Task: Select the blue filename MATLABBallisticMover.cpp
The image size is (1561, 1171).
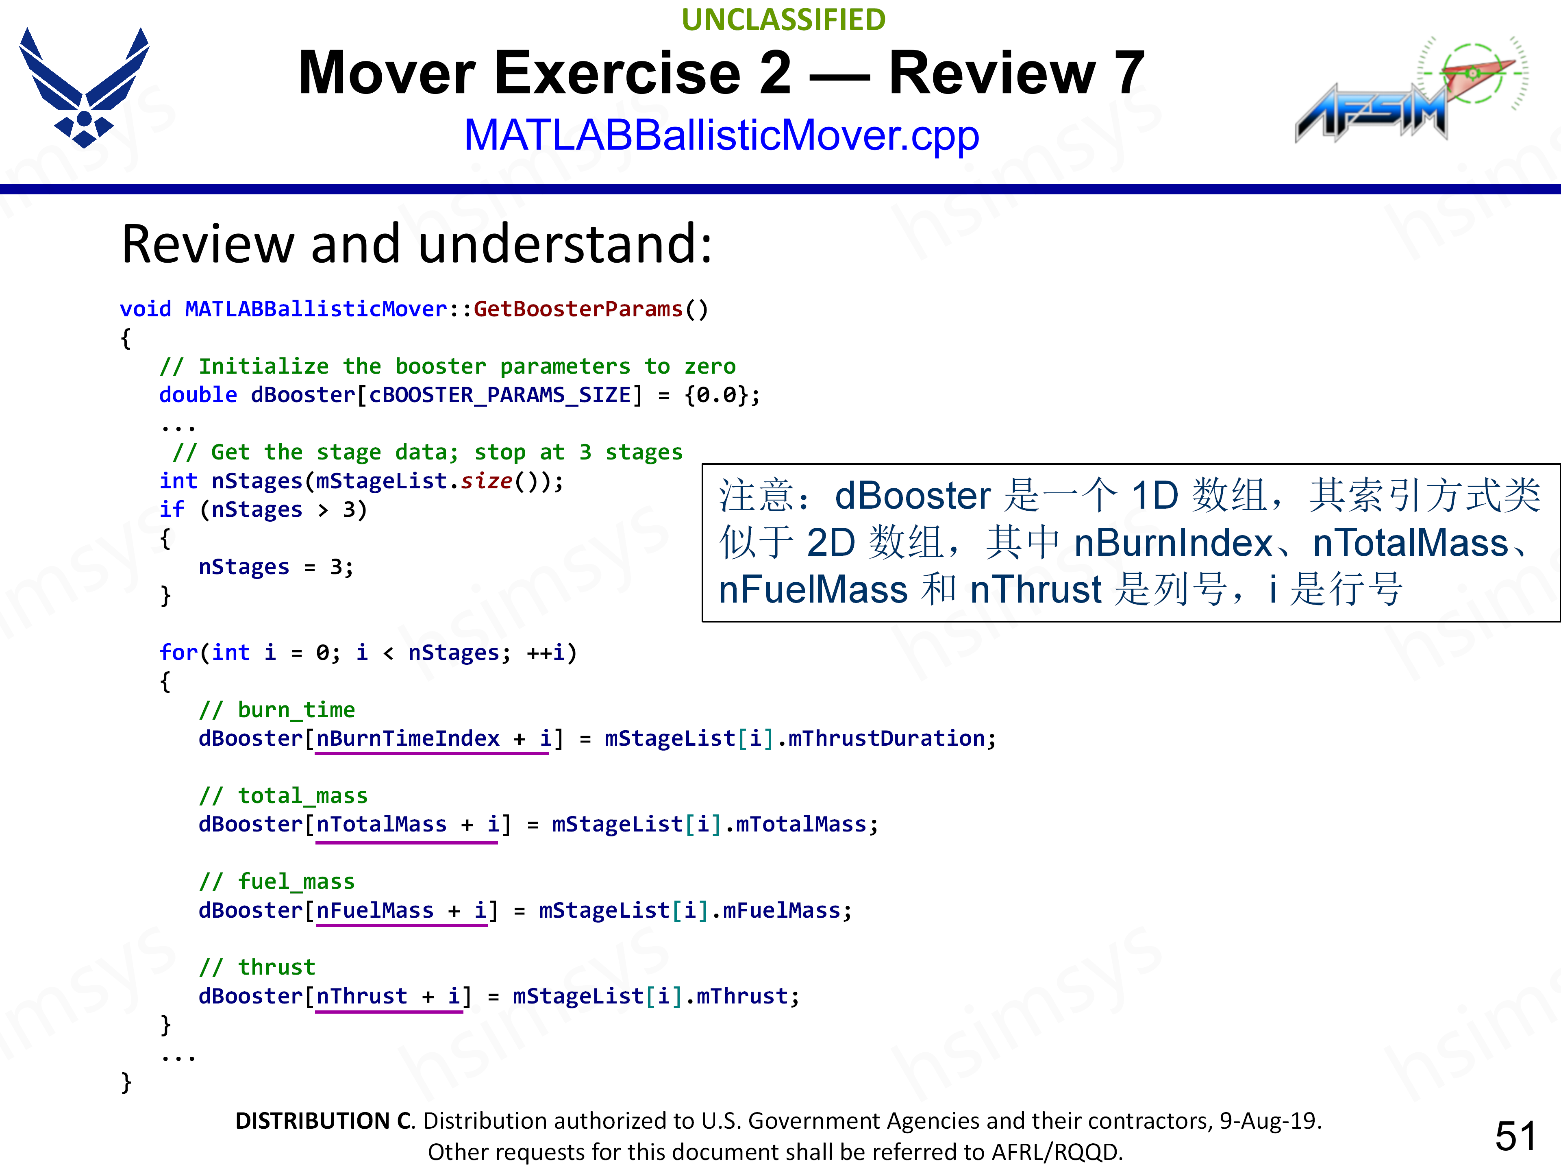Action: pos(721,135)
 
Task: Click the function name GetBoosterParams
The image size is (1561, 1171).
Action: pos(578,309)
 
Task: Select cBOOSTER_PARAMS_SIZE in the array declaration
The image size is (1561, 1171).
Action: pos(500,394)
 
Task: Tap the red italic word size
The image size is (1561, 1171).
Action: pos(487,481)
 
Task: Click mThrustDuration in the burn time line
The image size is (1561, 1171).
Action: pos(886,738)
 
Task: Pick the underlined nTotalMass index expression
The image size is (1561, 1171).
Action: pos(408,825)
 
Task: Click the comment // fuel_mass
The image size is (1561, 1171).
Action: pos(277,881)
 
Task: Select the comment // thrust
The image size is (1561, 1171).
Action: pos(257,967)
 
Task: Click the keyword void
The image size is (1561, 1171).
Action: pos(146,309)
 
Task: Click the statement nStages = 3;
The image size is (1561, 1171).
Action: pos(276,567)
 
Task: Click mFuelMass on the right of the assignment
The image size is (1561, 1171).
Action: pos(781,910)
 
